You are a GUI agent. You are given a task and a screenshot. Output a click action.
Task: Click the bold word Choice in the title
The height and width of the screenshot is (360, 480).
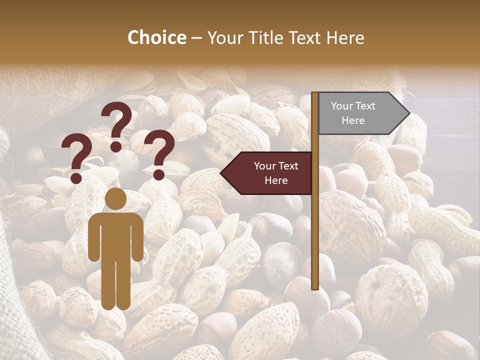click(x=156, y=37)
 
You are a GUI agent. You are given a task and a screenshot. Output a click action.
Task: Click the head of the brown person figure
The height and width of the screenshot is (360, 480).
click(x=116, y=199)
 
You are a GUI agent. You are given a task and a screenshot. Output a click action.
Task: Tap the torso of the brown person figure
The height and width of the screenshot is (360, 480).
click(x=116, y=235)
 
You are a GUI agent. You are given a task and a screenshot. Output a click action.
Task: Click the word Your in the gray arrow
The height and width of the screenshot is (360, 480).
click(x=342, y=106)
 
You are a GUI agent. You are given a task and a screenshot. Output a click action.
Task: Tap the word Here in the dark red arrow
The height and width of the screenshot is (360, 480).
click(x=276, y=180)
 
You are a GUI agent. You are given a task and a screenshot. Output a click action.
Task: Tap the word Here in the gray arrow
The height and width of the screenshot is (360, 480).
click(x=353, y=120)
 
